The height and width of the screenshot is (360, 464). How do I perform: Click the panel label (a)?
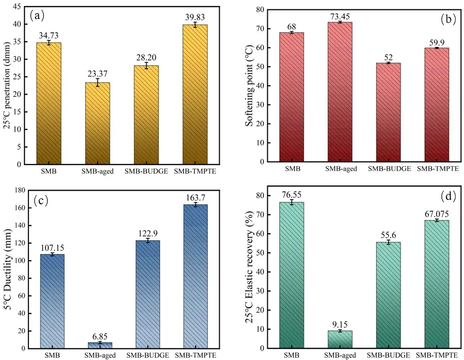[x=38, y=15]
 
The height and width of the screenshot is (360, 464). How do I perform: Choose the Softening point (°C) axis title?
[x=249, y=86]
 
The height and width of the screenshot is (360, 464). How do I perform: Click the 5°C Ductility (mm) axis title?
[x=7, y=269]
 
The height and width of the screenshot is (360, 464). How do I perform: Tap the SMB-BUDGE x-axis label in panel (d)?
[x=387, y=354]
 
